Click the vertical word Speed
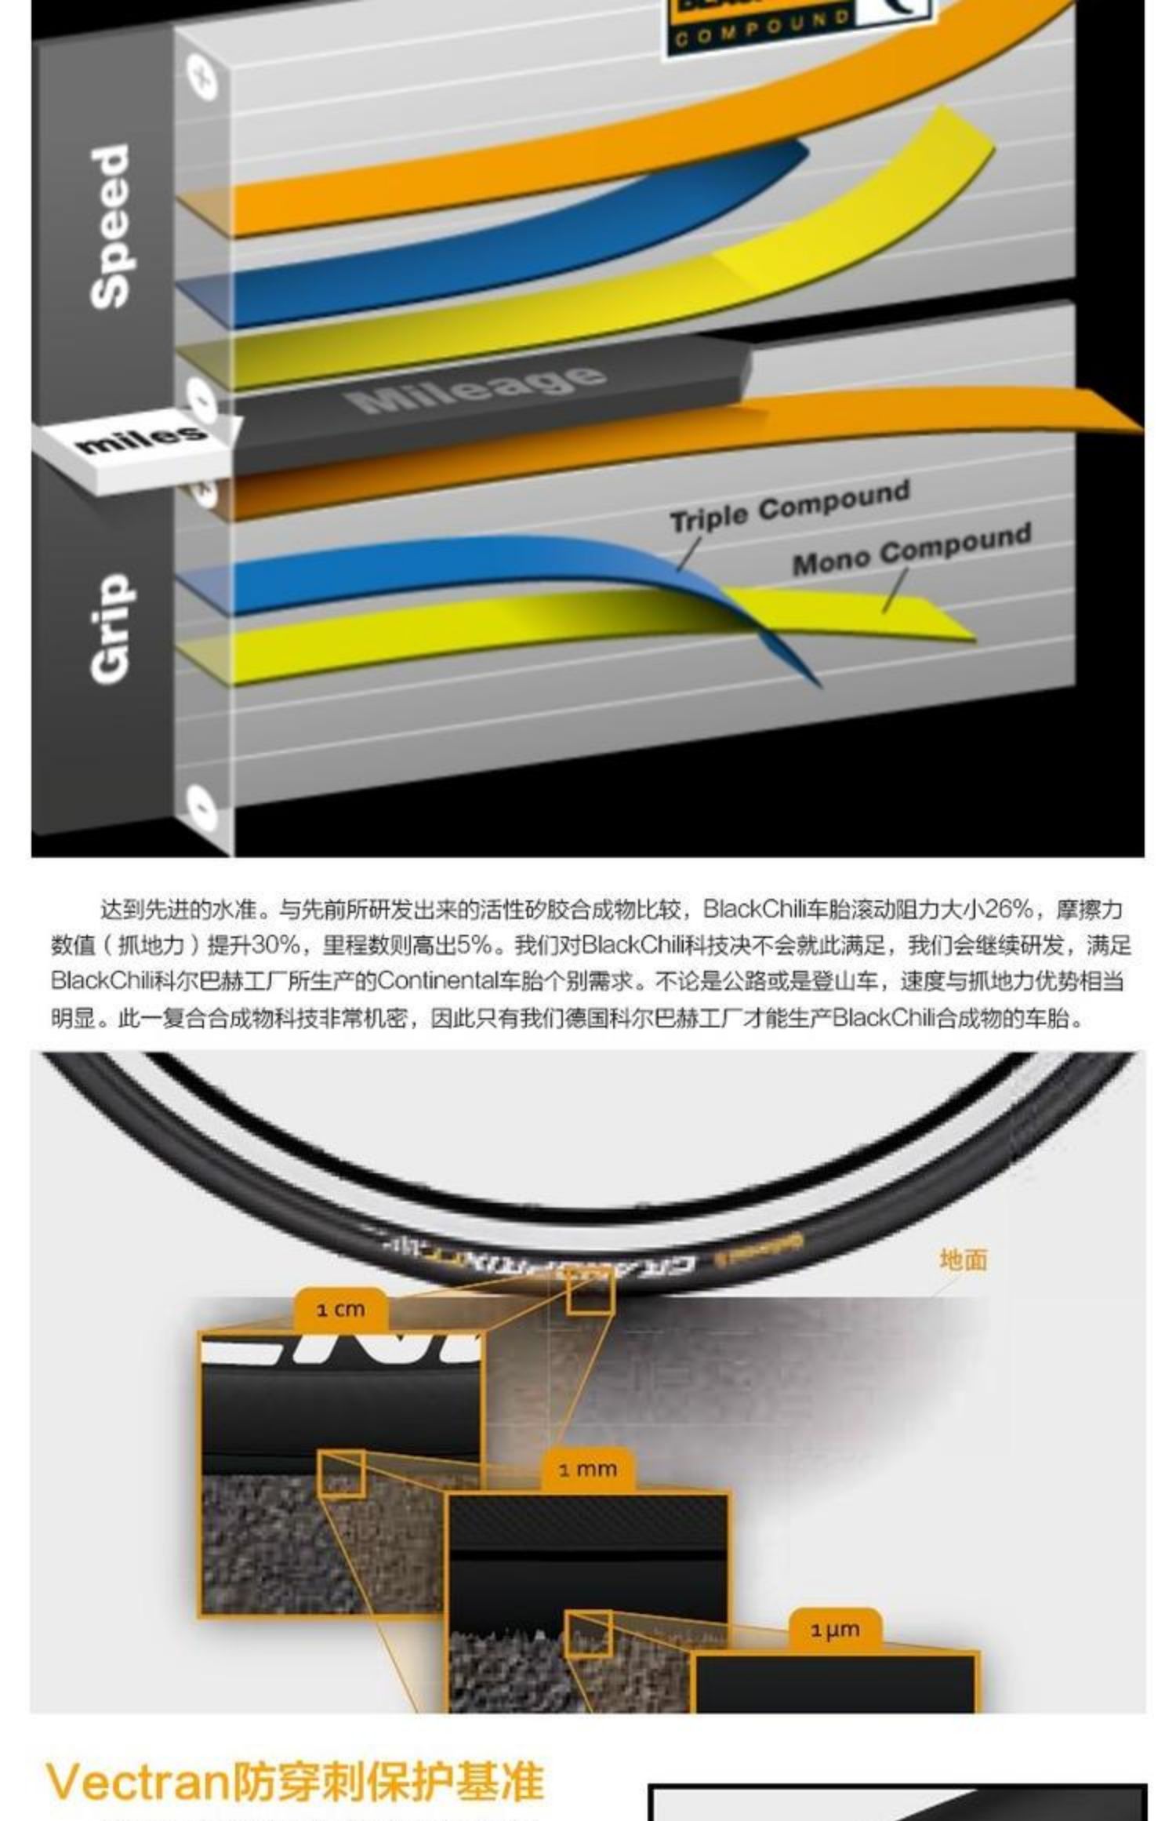(x=110, y=226)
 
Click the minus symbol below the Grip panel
(x=201, y=806)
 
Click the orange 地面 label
(x=964, y=1259)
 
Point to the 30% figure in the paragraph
(x=276, y=946)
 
